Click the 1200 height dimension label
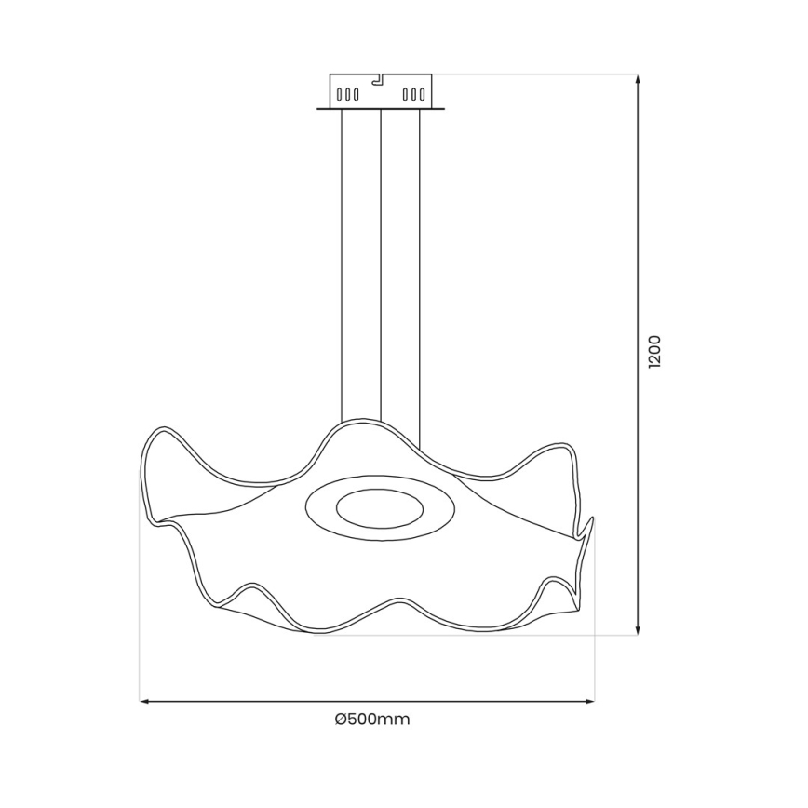point(654,353)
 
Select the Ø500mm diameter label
point(372,719)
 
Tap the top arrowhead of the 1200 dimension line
point(638,81)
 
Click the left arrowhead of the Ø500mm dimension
point(145,701)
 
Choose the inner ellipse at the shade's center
point(379,508)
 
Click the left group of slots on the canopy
point(346,94)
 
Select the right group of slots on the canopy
point(412,94)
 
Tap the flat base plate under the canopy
point(380,109)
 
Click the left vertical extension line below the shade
point(140,614)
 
